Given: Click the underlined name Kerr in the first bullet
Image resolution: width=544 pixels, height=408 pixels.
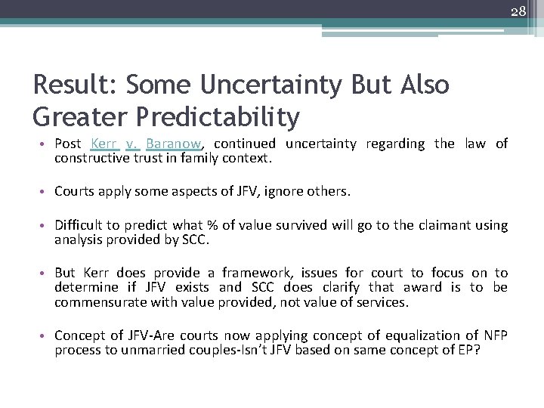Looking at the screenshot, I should pyautogui.click(x=105, y=144).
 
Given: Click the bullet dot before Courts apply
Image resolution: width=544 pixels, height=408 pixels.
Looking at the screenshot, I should pyautogui.click(x=45, y=192).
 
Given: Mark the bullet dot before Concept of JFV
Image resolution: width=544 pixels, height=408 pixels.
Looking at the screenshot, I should pyautogui.click(x=45, y=335).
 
